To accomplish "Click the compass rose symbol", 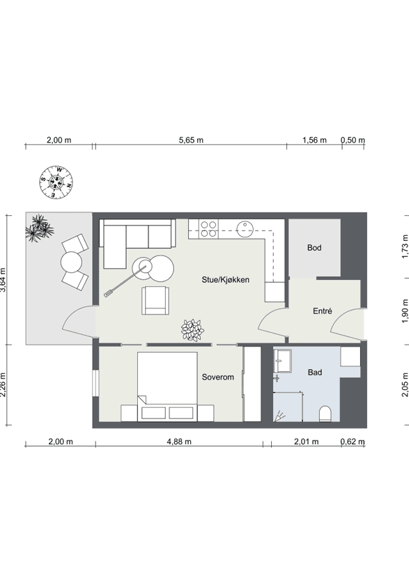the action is click(56, 182).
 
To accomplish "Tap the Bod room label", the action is click(314, 248).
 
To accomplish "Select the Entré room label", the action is click(323, 311).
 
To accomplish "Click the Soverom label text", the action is click(218, 377).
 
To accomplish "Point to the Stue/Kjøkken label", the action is click(226, 280).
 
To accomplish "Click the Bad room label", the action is click(315, 372).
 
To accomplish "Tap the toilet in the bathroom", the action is click(325, 414).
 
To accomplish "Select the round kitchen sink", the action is click(245, 229).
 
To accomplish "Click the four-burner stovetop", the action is click(209, 228).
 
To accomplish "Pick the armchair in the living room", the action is click(155, 300).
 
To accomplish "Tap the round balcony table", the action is click(71, 262).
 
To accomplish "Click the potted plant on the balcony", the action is click(39, 228).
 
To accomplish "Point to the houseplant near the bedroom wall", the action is click(192, 330).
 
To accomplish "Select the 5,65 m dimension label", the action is click(192, 141).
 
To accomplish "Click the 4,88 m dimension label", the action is click(179, 441).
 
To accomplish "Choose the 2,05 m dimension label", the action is click(405, 385).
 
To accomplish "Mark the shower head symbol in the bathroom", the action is click(279, 417).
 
